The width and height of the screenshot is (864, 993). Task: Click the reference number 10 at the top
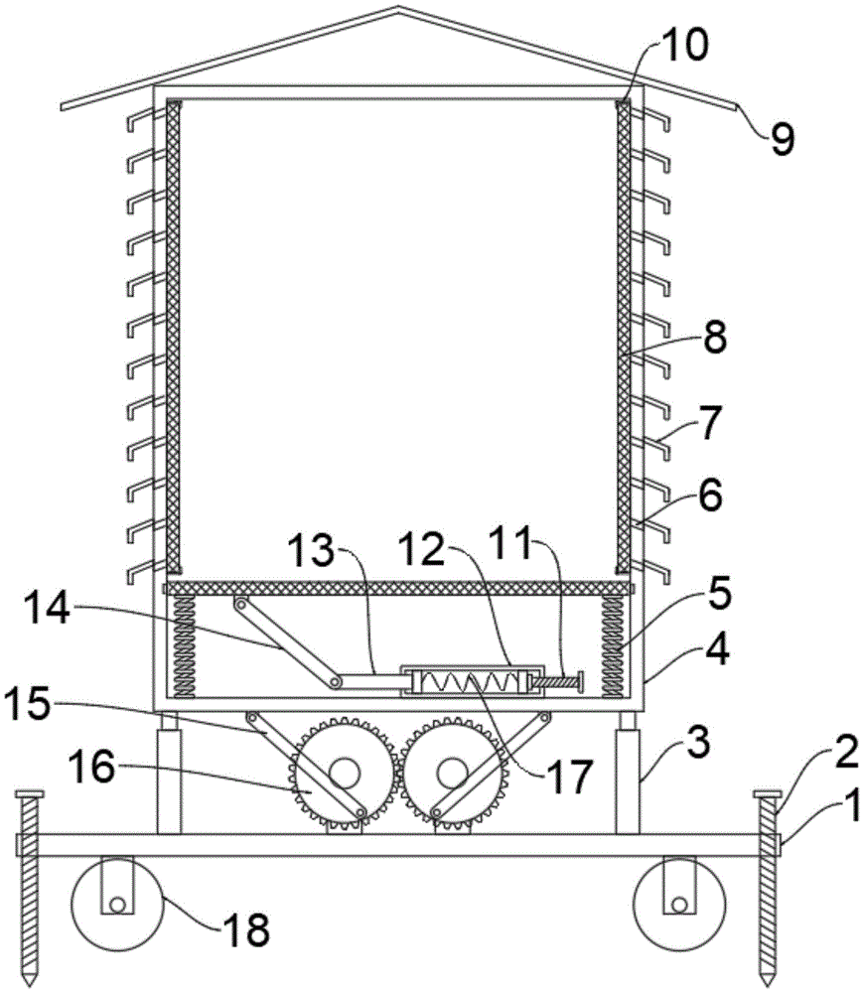[x=684, y=46]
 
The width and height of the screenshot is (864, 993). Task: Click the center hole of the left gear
[x=344, y=774]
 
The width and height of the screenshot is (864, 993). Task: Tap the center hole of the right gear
[x=450, y=774]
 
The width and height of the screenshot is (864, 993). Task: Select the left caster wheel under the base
[x=118, y=904]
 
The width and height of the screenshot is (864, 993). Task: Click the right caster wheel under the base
[x=679, y=904]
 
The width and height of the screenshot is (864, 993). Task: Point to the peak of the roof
[x=398, y=8]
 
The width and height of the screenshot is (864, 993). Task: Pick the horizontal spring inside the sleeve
[x=470, y=682]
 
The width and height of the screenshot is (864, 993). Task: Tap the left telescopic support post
[x=169, y=773]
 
